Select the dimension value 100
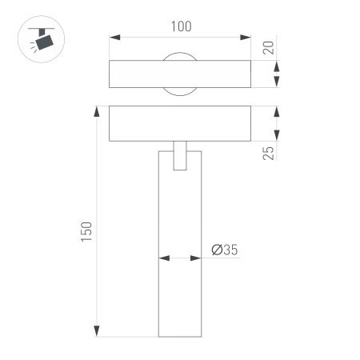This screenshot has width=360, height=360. (x=182, y=26)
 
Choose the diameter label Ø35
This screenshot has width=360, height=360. (x=225, y=250)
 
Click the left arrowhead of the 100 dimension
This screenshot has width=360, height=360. (x=113, y=38)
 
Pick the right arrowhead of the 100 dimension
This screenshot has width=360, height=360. (x=248, y=38)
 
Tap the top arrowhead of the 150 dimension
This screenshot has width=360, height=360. (x=98, y=110)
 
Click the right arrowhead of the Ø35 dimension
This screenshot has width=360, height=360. (x=196, y=258)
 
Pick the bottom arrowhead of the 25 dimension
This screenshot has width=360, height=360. (x=277, y=135)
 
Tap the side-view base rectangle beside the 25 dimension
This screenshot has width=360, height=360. (x=181, y=123)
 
